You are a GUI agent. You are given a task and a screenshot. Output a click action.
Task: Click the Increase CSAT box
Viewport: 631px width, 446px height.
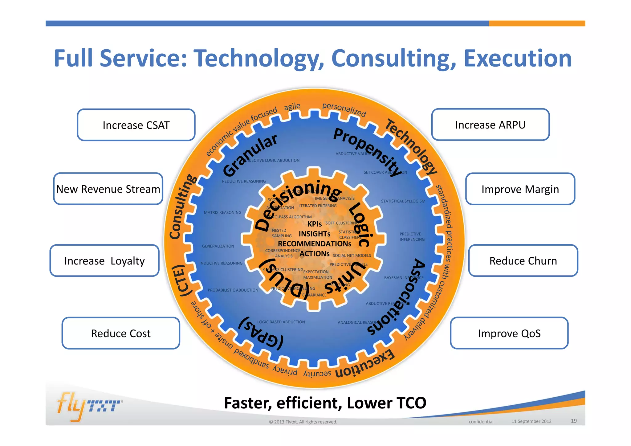pos(136,125)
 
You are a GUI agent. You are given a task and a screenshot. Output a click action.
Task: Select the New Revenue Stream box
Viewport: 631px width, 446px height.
pos(108,189)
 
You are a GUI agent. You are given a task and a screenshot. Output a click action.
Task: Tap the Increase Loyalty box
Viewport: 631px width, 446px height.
pos(104,261)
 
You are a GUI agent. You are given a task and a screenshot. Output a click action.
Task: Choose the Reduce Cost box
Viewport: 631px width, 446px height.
pos(121,333)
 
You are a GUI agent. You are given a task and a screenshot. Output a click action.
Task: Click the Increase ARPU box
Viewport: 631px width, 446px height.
pos(490,125)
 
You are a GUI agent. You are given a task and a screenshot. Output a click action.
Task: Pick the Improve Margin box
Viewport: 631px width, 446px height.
pos(520,189)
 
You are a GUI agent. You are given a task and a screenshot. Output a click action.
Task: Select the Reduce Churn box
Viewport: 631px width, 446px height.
pos(523,261)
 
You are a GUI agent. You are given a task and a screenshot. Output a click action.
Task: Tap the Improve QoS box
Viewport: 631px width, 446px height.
pos(509,333)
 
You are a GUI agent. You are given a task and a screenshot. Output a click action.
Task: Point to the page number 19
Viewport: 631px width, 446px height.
pos(573,421)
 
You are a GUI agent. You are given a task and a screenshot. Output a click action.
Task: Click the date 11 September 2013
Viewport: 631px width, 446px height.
pos(531,421)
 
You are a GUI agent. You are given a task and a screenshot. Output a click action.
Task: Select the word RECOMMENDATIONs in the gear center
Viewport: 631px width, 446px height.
pos(314,244)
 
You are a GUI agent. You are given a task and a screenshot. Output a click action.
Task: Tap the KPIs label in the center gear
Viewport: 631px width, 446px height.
pos(314,224)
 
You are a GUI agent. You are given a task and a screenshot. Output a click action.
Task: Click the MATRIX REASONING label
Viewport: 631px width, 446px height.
pos(222,212)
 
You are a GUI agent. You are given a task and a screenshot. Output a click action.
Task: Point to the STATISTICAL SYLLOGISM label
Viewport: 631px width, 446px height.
pos(403,201)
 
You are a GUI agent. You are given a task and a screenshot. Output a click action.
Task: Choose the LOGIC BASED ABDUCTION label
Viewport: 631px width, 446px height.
pos(281,322)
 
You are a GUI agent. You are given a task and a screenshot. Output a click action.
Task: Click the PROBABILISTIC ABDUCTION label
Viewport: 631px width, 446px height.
pos(233,290)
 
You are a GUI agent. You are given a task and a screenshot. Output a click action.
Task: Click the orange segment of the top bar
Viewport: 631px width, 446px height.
pos(537,23)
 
